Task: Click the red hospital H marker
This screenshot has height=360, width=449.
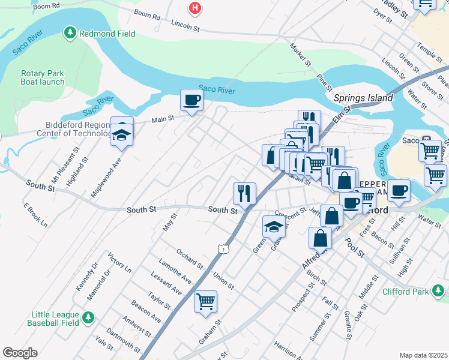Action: (194, 8)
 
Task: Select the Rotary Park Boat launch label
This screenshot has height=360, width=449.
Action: (43, 78)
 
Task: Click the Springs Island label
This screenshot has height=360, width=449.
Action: (363, 98)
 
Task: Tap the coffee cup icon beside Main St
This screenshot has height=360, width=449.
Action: (192, 100)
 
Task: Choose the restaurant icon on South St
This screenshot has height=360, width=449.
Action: (244, 194)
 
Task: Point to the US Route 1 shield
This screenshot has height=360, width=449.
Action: (224, 248)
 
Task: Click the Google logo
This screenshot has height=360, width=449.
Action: (20, 353)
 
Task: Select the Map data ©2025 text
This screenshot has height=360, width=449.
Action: (423, 355)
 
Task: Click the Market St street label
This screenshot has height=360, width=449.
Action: (300, 55)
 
